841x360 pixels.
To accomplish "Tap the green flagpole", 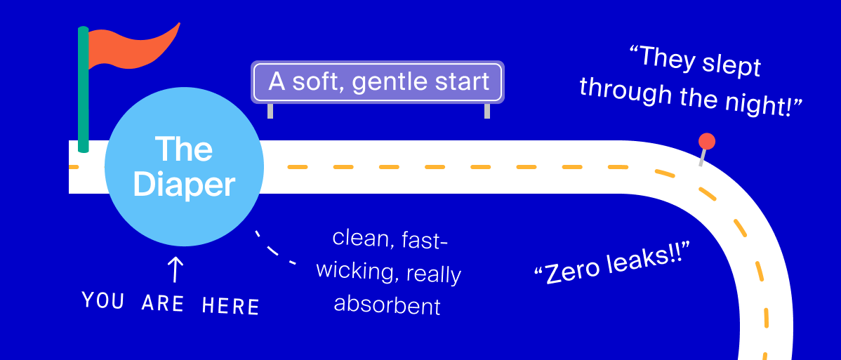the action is click(83, 89).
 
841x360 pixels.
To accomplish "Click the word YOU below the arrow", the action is click(102, 300).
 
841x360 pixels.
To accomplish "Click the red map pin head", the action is click(707, 142).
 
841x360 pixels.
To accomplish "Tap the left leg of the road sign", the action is click(270, 110).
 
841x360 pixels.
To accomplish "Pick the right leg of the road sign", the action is click(487, 110).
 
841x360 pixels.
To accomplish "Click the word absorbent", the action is click(387, 305).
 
